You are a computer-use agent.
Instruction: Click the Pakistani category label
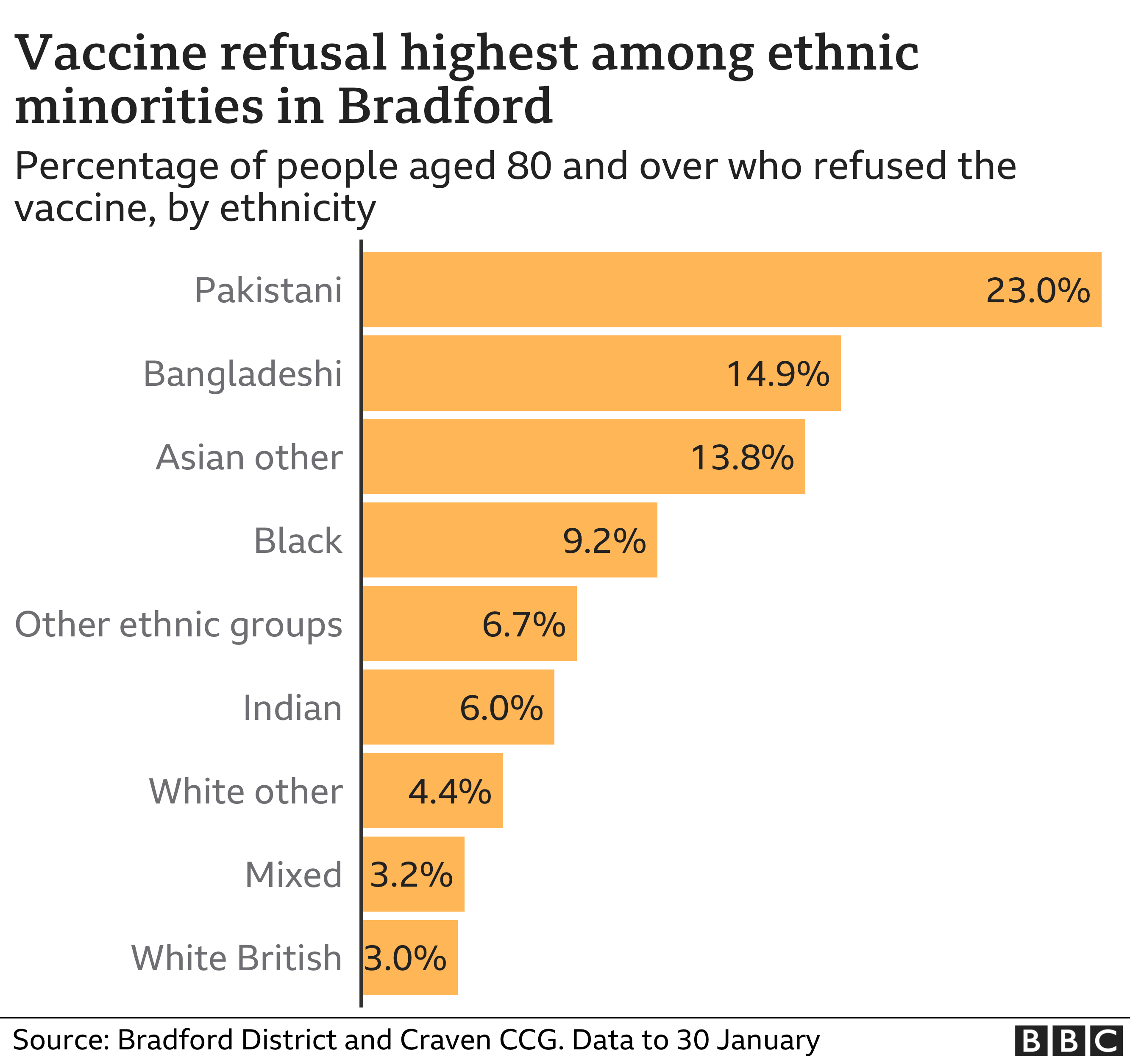[268, 290]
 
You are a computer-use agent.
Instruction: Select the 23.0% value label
[1037, 290]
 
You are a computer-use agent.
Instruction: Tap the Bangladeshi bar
[540, 373]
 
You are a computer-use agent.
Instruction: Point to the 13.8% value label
[742, 457]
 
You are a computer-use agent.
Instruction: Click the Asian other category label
[249, 457]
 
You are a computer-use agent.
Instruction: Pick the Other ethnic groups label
[178, 625]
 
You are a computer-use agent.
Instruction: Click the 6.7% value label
[523, 625]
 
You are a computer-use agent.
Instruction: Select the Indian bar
[409, 707]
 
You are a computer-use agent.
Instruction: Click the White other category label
[245, 791]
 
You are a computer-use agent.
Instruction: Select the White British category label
[237, 958]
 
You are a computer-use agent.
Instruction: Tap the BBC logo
[1068, 1040]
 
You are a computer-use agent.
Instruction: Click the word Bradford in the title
[445, 106]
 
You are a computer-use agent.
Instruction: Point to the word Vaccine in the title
[111, 53]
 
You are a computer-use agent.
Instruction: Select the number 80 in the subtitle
[529, 166]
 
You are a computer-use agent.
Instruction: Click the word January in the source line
[767, 1040]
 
